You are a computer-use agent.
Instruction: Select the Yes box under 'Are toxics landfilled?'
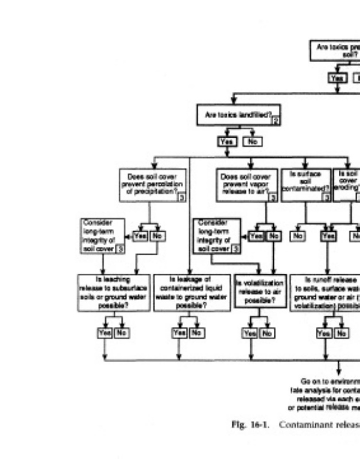(x=225, y=141)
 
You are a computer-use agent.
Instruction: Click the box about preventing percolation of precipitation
(x=152, y=185)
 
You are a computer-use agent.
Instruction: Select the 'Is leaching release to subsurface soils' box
(x=114, y=291)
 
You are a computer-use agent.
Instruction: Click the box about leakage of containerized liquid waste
(x=192, y=291)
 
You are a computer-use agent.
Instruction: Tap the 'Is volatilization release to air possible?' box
(x=260, y=291)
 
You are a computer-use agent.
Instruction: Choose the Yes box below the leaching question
(x=104, y=333)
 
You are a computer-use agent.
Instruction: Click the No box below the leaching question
(x=121, y=333)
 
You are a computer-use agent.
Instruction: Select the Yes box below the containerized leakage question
(x=180, y=333)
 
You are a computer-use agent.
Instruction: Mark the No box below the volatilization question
(x=266, y=333)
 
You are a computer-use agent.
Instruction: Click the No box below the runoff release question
(x=342, y=333)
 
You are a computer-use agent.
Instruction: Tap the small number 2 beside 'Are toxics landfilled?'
(x=276, y=120)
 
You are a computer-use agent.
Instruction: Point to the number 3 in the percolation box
(x=180, y=197)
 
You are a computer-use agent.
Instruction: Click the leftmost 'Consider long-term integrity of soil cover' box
(x=103, y=235)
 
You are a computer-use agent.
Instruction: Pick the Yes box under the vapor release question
(x=256, y=236)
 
